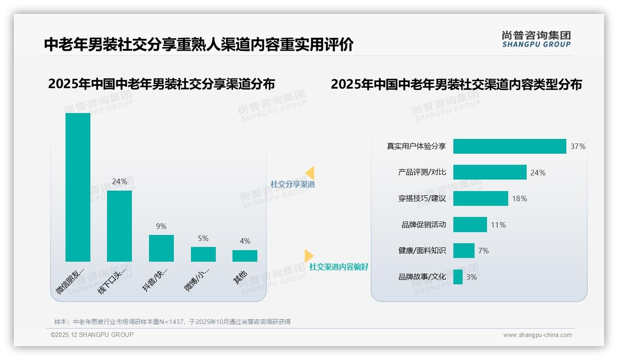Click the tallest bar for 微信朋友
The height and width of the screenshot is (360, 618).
click(x=78, y=187)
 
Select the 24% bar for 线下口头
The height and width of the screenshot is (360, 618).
click(x=119, y=226)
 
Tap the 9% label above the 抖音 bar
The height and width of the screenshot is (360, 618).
click(x=161, y=226)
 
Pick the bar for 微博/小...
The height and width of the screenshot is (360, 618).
click(x=203, y=254)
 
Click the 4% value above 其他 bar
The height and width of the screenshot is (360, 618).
click(x=245, y=241)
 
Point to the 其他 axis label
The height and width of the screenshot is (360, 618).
click(x=241, y=277)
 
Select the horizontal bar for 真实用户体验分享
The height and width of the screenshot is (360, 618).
click(x=510, y=146)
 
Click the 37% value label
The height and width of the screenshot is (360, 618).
click(x=578, y=146)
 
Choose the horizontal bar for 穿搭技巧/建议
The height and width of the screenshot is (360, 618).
click(x=481, y=198)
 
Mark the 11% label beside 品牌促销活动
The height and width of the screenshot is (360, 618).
click(x=498, y=225)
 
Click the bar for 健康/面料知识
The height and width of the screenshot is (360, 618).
click(x=464, y=251)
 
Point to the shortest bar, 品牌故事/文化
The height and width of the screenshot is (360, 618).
click(x=458, y=277)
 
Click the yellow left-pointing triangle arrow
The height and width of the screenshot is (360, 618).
click(x=310, y=173)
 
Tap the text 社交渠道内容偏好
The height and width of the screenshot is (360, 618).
click(x=339, y=267)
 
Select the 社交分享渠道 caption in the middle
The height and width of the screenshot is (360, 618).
click(x=293, y=184)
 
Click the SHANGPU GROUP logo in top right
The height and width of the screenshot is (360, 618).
click(x=536, y=39)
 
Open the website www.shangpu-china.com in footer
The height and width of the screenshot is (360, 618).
click(x=537, y=335)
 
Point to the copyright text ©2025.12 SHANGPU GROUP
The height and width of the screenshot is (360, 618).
click(x=92, y=335)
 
